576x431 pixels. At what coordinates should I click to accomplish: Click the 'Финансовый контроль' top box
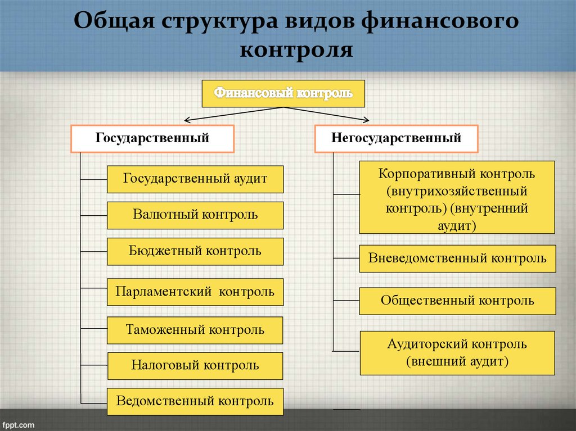click(283, 93)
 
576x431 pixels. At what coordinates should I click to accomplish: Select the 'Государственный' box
click(152, 138)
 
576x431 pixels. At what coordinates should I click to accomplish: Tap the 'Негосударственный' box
click(396, 138)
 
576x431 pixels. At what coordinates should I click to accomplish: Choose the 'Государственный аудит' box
click(195, 179)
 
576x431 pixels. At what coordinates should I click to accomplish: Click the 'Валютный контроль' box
click(195, 215)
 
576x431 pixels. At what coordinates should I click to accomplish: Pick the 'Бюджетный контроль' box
click(195, 251)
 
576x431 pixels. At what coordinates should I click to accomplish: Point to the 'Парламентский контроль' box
click(195, 292)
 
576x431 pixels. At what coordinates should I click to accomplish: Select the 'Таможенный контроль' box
click(195, 330)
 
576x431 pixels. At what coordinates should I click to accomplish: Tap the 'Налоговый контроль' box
click(195, 366)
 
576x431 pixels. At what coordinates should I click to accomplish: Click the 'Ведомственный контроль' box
click(195, 401)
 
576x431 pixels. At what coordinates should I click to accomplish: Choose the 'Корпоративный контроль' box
click(457, 197)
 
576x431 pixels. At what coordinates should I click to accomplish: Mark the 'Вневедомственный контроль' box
click(457, 258)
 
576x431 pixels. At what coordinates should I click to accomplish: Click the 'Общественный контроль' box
click(457, 301)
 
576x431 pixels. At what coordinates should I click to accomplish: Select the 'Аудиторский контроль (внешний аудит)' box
click(457, 353)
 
